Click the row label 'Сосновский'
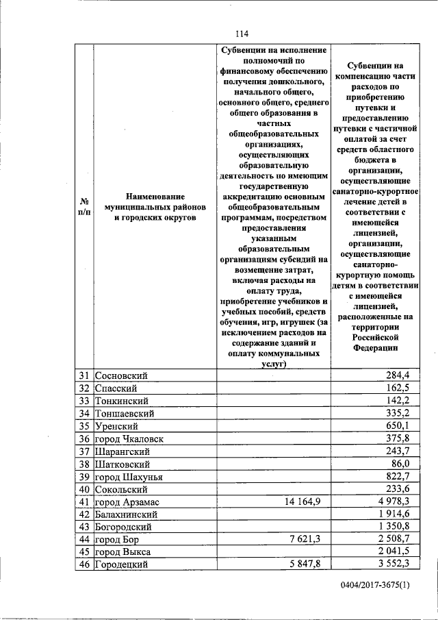point(121,375)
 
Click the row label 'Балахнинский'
point(129,515)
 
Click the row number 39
point(84,478)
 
